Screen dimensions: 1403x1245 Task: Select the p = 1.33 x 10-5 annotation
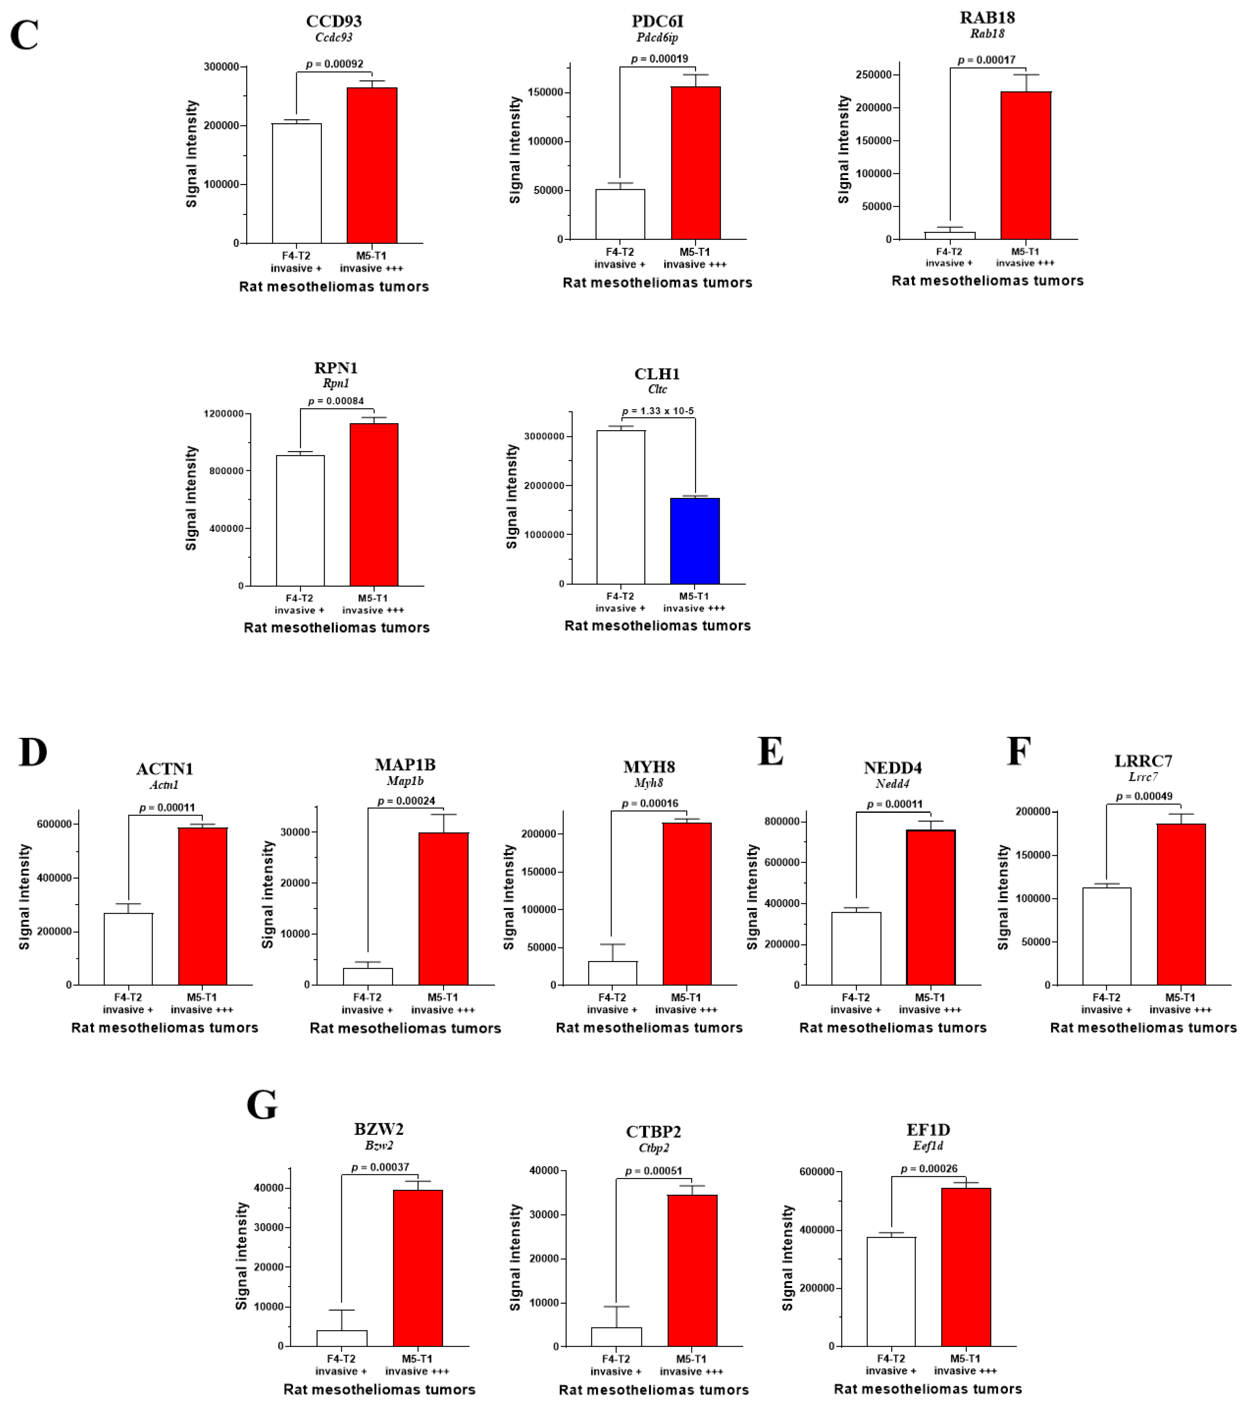click(658, 411)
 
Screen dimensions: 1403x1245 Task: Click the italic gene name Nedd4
click(892, 784)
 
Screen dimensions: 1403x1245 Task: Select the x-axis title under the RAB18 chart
click(987, 281)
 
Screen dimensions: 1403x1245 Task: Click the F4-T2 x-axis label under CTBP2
click(616, 1358)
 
